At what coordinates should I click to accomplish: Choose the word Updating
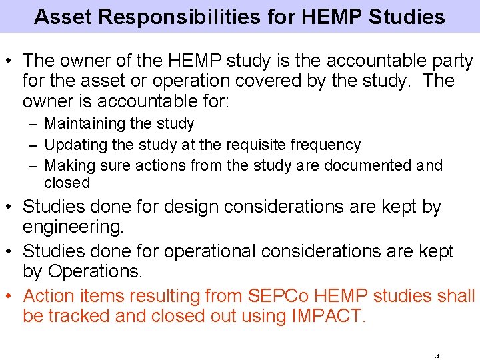click(x=75, y=145)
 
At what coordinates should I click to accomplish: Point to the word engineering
click(x=73, y=227)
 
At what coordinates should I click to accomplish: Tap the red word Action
click(x=51, y=295)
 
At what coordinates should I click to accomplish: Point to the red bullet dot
click(x=12, y=295)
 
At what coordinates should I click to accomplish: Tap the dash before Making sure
click(x=33, y=165)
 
